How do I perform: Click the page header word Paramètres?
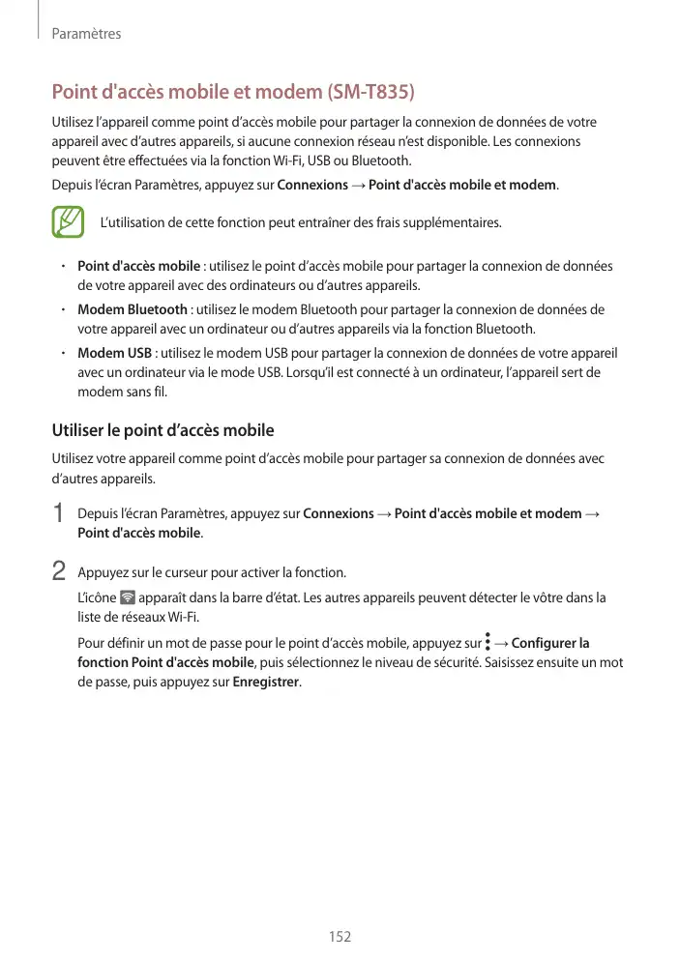coord(86,34)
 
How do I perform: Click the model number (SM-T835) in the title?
coord(370,93)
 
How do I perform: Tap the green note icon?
coord(69,222)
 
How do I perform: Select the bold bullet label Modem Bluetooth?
coord(133,309)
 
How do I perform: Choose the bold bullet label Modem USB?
coord(114,353)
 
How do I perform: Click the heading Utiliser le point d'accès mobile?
coord(163,430)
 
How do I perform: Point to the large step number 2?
coord(59,571)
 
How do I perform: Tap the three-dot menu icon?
coord(488,642)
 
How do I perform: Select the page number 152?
coord(340,937)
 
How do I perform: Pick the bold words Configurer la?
coord(550,643)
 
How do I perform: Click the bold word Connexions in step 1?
coord(339,513)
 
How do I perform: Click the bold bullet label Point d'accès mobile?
coord(139,266)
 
